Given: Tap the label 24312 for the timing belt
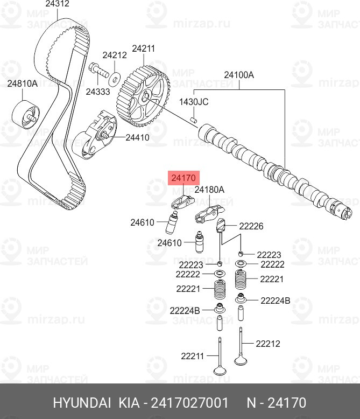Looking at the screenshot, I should point(57,4).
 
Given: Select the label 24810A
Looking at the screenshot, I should point(22,83).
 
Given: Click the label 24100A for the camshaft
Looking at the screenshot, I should point(239,75).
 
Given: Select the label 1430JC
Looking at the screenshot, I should point(193,102).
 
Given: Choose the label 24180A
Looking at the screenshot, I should point(209,190).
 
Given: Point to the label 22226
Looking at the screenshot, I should point(251,227).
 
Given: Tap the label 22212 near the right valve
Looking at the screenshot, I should point(268,343).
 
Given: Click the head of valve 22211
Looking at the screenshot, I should point(220,370).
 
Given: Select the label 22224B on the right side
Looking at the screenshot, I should point(275,301).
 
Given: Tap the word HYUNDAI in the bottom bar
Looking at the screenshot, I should point(81,403).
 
